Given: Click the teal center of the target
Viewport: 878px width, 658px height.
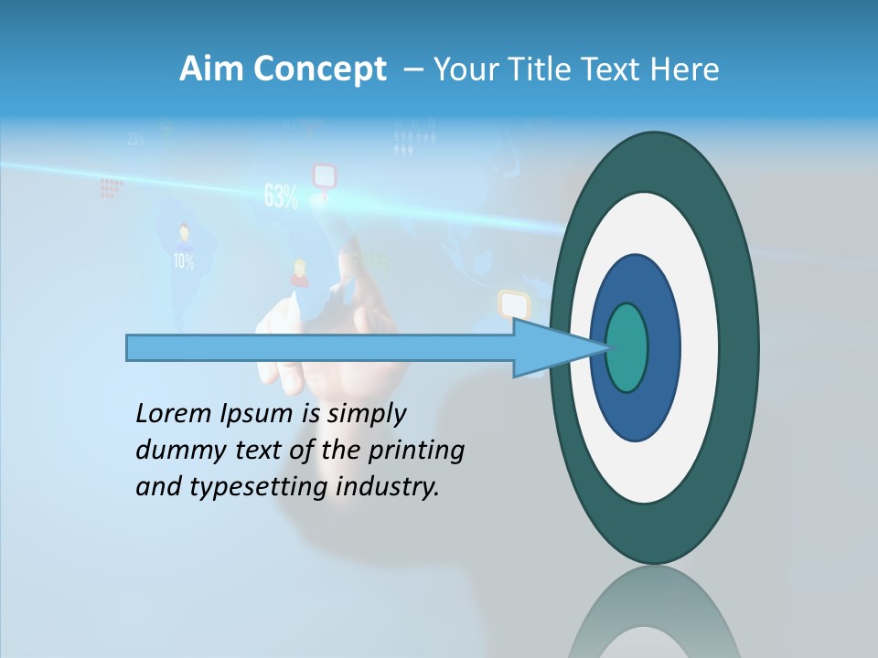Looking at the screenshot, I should [627, 348].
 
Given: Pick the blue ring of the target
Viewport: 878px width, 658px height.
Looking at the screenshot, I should [658, 347].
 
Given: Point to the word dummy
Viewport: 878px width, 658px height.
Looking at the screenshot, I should [175, 451].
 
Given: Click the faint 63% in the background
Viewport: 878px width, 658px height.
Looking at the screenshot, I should [281, 196].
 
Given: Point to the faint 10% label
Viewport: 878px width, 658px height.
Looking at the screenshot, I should [184, 261].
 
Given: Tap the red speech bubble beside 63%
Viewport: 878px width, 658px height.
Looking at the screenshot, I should [325, 175].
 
